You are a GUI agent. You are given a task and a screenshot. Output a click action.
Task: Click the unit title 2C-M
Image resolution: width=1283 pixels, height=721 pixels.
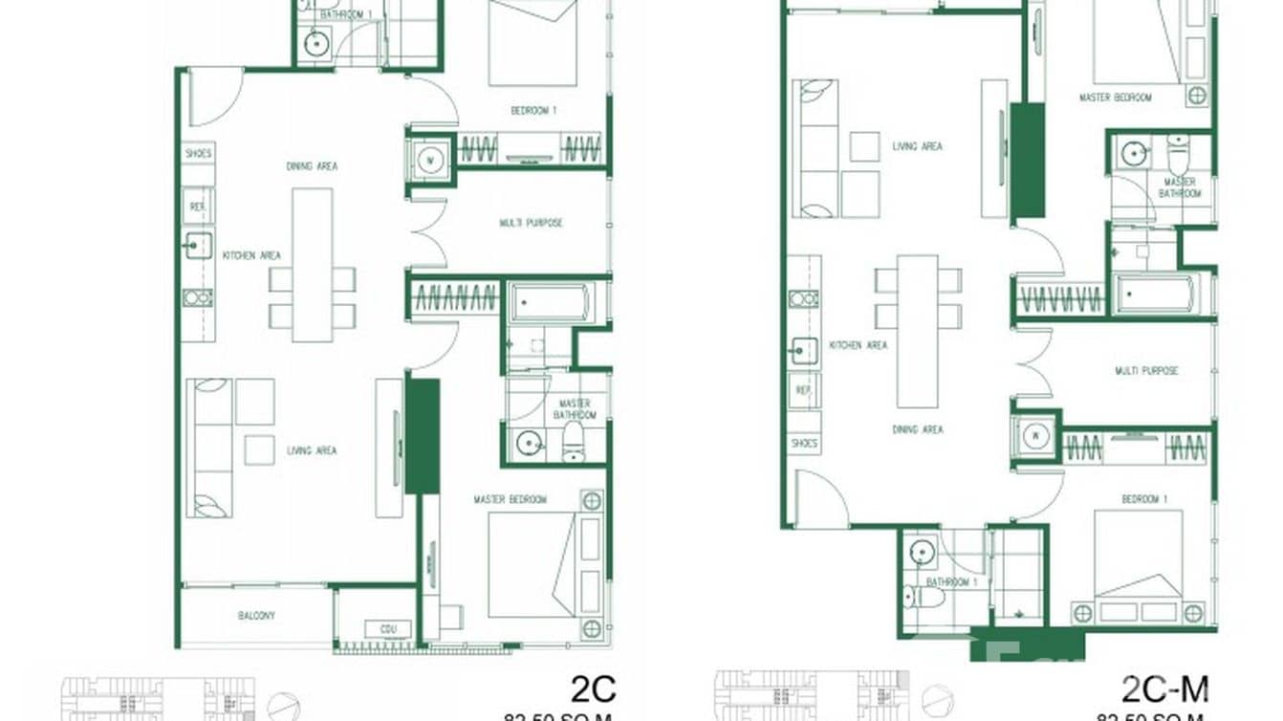click(1164, 688)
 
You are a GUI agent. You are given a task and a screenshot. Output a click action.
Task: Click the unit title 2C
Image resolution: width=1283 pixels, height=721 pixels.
click(594, 688)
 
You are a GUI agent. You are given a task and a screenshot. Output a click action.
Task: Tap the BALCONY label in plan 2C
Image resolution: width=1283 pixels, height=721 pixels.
click(256, 616)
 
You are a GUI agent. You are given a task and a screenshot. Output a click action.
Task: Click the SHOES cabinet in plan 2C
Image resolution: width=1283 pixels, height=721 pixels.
click(199, 153)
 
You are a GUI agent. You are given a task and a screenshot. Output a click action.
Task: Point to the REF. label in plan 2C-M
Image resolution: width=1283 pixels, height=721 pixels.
click(804, 391)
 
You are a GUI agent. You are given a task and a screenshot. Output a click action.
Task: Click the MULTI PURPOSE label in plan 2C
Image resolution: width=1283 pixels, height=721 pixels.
click(531, 223)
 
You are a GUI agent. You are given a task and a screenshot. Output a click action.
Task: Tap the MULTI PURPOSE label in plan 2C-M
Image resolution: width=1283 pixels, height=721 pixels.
click(1146, 370)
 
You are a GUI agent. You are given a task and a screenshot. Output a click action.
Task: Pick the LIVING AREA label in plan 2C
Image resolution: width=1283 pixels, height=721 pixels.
click(312, 450)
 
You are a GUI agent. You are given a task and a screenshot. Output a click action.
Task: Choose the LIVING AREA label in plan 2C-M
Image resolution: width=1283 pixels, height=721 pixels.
click(917, 146)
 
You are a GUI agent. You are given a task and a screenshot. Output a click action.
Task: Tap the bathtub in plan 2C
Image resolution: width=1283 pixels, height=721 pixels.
click(549, 302)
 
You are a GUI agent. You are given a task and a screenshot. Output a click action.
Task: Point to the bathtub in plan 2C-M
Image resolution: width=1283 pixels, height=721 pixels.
click(1155, 295)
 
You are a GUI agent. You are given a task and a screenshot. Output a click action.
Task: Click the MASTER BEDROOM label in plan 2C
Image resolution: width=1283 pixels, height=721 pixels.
click(511, 499)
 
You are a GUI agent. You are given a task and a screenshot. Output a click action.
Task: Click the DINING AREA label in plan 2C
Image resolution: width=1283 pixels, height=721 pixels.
click(312, 166)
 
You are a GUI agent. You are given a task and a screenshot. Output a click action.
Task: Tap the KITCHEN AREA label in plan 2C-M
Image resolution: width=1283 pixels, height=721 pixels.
click(858, 345)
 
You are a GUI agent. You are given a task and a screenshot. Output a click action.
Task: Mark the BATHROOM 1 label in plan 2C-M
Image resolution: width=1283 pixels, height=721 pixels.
click(951, 582)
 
